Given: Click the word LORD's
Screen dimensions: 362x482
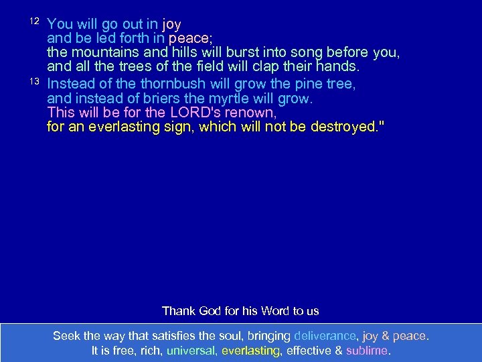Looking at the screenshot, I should pos(189,113).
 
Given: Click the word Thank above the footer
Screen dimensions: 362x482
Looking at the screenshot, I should pos(177,311).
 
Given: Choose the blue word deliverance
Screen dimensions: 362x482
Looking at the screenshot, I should pos(325,335).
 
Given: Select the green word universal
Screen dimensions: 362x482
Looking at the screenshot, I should pos(191,350).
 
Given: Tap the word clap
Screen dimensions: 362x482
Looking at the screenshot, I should pos(274,67).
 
